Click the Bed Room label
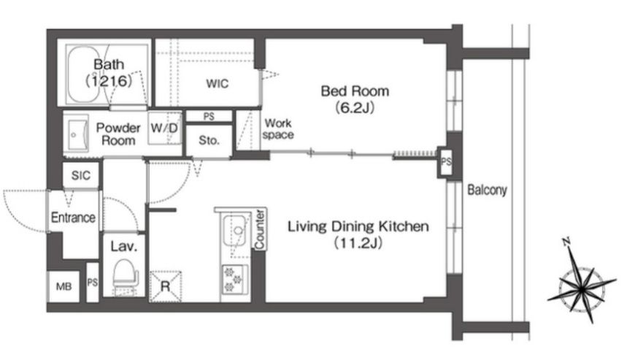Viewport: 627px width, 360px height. [x=355, y=91]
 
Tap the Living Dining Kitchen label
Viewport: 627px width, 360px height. [x=358, y=226]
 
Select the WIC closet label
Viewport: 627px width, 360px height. [x=217, y=83]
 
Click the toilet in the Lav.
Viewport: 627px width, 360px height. [x=124, y=276]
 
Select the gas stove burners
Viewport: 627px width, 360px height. [x=234, y=279]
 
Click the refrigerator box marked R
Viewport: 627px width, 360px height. [x=165, y=286]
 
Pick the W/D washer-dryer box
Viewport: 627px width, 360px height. [x=164, y=128]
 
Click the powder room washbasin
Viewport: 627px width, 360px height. [x=76, y=135]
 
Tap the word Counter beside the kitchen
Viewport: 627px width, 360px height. [x=260, y=229]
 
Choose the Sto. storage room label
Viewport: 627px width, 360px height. [x=209, y=140]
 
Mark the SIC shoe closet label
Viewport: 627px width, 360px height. [x=81, y=175]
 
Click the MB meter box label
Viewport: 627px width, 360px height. [x=64, y=286]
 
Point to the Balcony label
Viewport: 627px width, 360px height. [x=487, y=190]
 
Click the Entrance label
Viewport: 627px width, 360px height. [x=73, y=218]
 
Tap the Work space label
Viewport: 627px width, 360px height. [x=278, y=129]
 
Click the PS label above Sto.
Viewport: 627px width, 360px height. [x=209, y=116]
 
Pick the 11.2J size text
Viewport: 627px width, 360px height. [x=358, y=243]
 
